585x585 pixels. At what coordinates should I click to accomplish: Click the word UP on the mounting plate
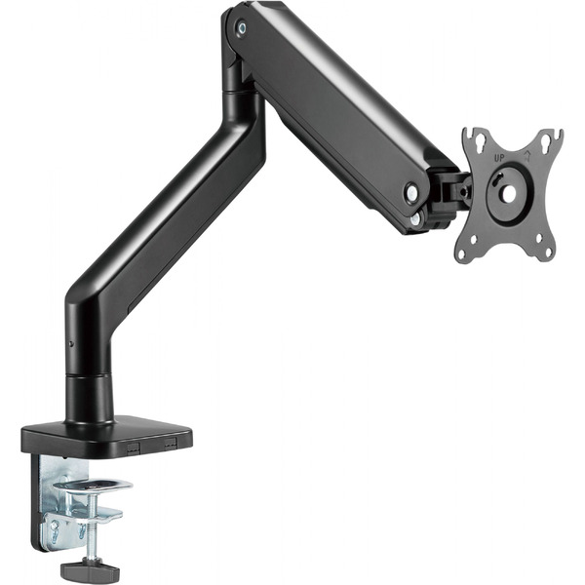tap(499, 158)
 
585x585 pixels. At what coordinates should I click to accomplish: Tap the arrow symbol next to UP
tap(527, 155)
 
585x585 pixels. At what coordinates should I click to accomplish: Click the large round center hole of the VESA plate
tap(508, 193)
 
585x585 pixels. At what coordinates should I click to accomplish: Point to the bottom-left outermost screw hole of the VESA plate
tap(461, 254)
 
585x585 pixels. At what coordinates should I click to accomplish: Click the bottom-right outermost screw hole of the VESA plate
tap(549, 252)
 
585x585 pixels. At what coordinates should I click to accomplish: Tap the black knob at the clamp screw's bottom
tap(90, 569)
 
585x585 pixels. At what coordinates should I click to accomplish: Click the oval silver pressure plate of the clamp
tap(93, 486)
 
